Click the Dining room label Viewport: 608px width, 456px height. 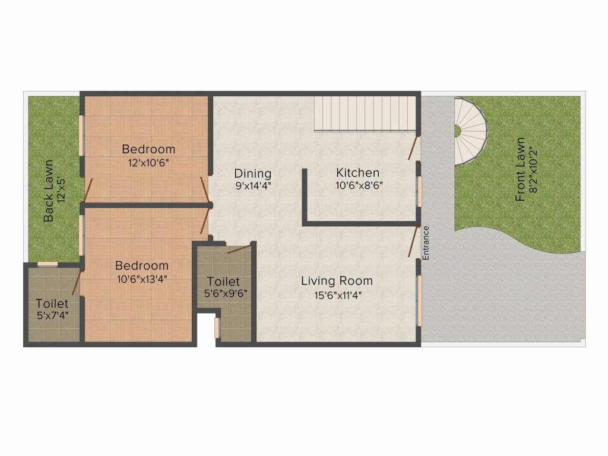pyautogui.click(x=252, y=173)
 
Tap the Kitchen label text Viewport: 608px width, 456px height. pyautogui.click(x=357, y=173)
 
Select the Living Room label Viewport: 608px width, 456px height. pyautogui.click(x=337, y=281)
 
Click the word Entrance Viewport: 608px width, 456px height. pyautogui.click(x=425, y=243)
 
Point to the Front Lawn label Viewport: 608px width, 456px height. pyautogui.click(x=520, y=170)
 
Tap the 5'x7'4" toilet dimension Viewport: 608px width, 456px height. pyautogui.click(x=52, y=315)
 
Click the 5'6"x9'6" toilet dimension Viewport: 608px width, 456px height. pyautogui.click(x=223, y=293)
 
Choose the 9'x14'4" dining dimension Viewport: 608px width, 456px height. pyautogui.click(x=252, y=185)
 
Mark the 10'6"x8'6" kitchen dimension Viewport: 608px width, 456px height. pyautogui.click(x=357, y=185)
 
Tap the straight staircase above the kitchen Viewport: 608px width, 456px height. pyautogui.click(x=364, y=114)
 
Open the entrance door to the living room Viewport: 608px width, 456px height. pyautogui.click(x=412, y=240)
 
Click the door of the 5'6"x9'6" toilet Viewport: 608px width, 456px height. pyautogui.click(x=238, y=249)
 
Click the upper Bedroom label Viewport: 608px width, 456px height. pyautogui.click(x=148, y=149)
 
